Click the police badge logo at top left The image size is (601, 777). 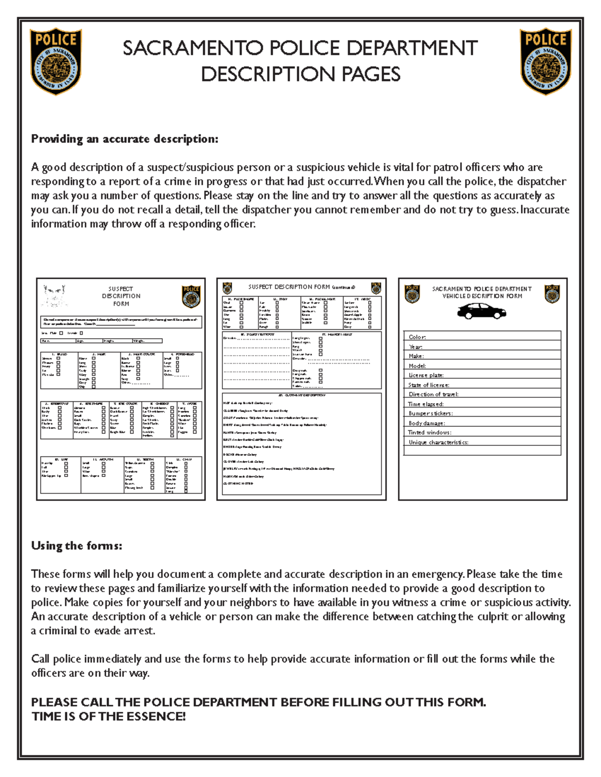click(56, 61)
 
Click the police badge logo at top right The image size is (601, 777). click(545, 61)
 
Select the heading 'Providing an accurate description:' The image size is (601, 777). click(125, 139)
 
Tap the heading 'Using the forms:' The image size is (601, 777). click(77, 545)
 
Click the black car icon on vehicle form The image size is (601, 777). click(481, 312)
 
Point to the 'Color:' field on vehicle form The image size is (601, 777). click(417, 337)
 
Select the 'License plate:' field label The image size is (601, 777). click(426, 375)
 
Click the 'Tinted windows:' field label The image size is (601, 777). click(429, 432)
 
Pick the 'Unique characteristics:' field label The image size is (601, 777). click(438, 442)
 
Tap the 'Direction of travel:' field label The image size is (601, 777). click(433, 394)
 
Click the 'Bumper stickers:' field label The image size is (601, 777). click(430, 413)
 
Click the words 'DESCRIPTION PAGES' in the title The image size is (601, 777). click(300, 75)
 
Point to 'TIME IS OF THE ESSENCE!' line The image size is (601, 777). click(109, 716)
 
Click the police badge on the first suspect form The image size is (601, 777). click(191, 296)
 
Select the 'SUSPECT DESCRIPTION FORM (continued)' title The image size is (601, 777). click(302, 287)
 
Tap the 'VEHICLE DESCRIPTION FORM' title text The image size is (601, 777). click(482, 296)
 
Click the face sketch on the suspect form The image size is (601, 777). click(55, 296)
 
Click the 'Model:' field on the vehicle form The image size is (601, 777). click(417, 366)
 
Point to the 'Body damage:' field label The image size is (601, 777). click(426, 423)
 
